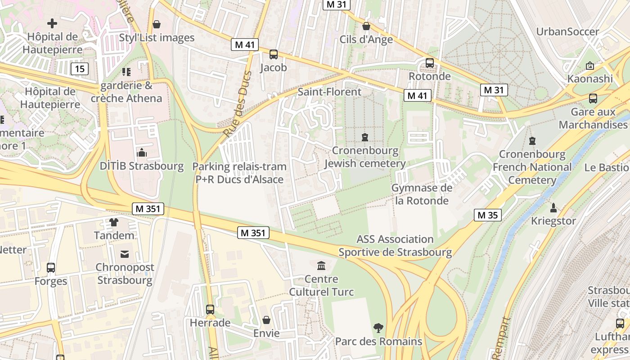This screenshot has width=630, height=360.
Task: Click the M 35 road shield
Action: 488,215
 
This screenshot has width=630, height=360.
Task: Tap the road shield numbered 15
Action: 79,69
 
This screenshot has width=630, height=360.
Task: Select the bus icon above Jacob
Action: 273,54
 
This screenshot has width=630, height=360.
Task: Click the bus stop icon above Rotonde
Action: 430,63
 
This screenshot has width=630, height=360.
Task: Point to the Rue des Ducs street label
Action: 238,104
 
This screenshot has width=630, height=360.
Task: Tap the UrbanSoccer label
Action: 567,31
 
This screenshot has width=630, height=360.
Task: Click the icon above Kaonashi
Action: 590,66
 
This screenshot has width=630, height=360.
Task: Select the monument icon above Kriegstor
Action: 553,208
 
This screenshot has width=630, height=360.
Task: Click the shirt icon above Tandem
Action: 114,222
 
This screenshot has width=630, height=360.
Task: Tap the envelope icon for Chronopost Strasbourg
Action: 125,254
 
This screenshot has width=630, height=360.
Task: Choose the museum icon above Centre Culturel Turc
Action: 321,266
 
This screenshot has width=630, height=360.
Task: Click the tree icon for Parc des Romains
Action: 378,328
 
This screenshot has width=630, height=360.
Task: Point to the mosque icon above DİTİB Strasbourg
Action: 142,153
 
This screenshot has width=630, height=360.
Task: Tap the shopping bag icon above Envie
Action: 266,320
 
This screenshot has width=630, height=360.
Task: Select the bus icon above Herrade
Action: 210,310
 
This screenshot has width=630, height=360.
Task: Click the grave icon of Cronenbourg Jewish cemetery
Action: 365,137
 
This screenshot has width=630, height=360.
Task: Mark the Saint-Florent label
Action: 329,92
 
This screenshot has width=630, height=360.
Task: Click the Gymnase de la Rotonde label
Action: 422,194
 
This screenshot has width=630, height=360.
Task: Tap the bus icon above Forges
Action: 51,268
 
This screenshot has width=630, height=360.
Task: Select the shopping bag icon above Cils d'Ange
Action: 366,26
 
